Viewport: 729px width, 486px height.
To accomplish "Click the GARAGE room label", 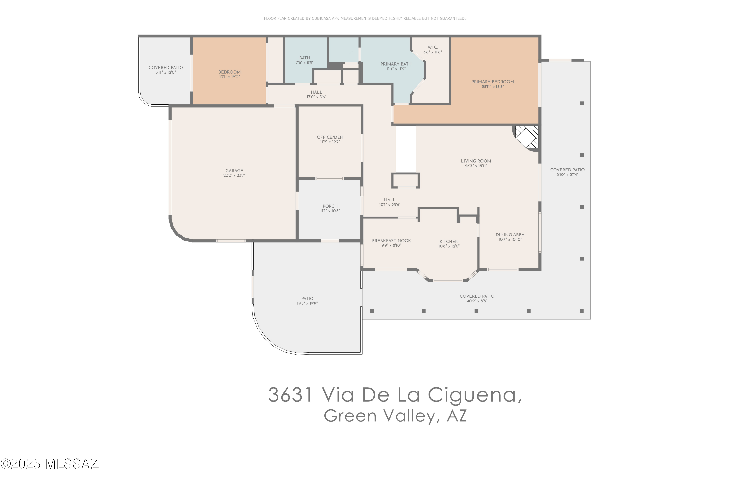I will (234, 171).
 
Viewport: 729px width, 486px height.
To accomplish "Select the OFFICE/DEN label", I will (330, 137).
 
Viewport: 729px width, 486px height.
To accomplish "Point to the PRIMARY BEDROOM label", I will (493, 82).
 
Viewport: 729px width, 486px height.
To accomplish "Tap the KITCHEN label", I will (449, 242).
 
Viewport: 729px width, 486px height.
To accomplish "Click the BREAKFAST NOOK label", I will (391, 241).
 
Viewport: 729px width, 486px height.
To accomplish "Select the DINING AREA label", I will (510, 235).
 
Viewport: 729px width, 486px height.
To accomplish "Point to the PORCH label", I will (330, 206).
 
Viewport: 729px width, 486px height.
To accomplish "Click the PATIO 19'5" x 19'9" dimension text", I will (307, 304).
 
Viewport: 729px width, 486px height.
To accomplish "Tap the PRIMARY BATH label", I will (396, 64).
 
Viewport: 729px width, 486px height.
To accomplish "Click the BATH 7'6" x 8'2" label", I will (304, 60).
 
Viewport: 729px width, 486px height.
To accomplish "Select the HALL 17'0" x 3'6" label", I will (316, 95).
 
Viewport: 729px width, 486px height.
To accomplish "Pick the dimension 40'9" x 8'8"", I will (477, 301).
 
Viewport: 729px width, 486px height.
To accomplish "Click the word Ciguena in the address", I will (474, 395).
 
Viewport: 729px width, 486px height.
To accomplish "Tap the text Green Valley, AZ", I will (395, 416).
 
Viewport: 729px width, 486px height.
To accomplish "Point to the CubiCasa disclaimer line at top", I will (364, 19).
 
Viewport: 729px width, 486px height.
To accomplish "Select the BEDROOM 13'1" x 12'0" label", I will (229, 74).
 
